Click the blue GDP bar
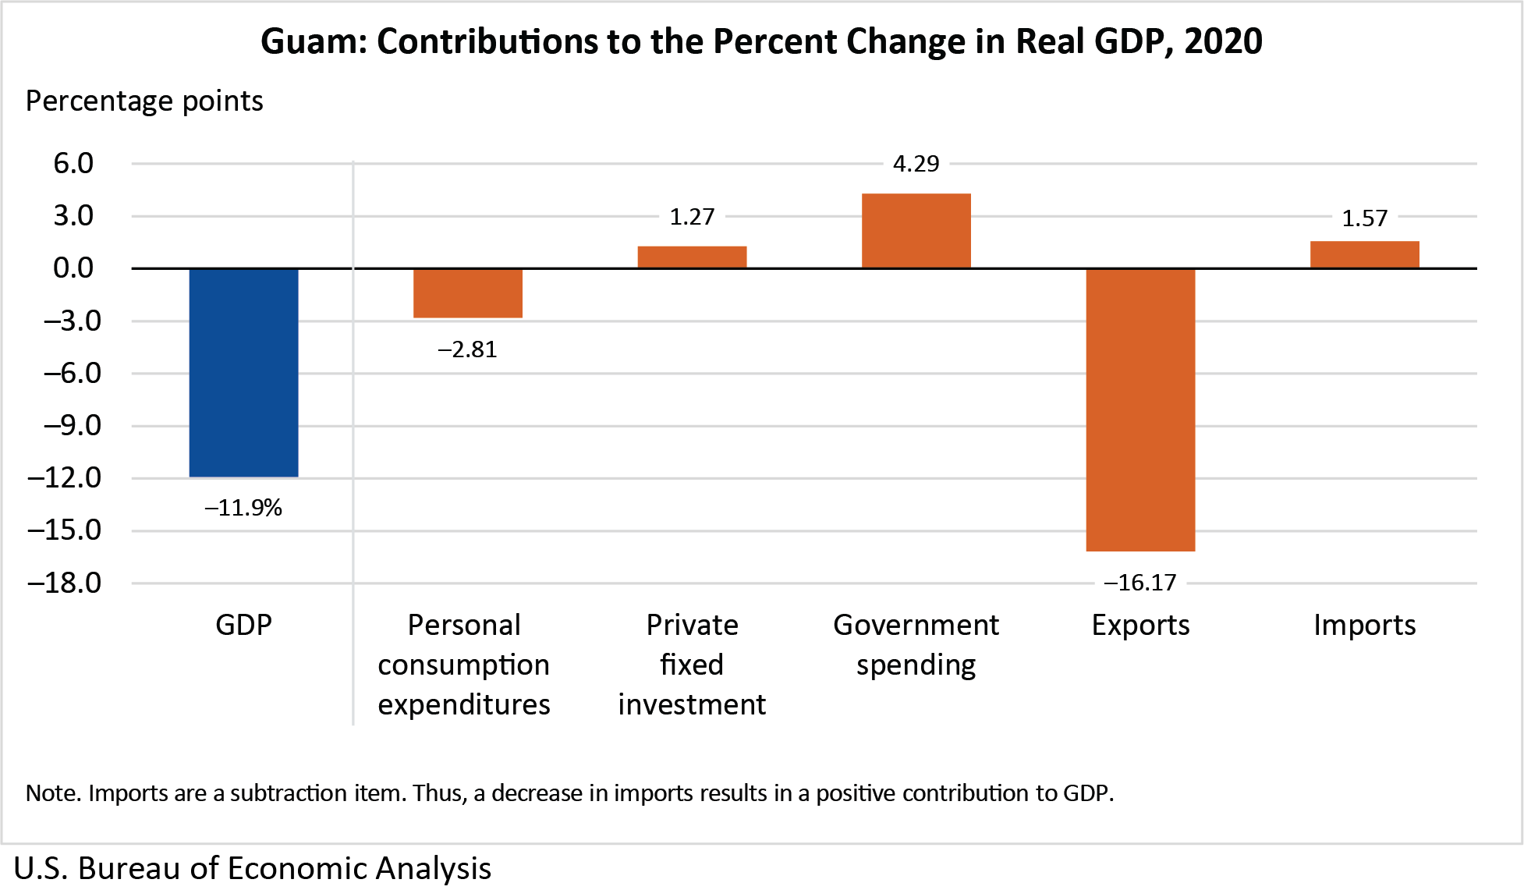point(243,372)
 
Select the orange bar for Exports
point(1139,410)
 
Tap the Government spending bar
point(916,231)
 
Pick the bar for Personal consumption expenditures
point(467,293)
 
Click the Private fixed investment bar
point(692,257)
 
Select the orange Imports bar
point(1364,255)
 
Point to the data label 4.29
point(916,164)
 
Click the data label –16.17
point(1139,583)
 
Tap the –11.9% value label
point(243,508)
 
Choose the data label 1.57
point(1364,218)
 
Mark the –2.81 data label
point(467,349)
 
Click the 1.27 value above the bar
point(692,217)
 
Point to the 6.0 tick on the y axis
point(73,164)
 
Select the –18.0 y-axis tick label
point(65,583)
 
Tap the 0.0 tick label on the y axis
point(73,268)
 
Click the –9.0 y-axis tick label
point(72,426)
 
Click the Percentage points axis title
point(144,101)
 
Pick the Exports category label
point(1139,625)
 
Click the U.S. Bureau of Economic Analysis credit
point(252,868)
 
